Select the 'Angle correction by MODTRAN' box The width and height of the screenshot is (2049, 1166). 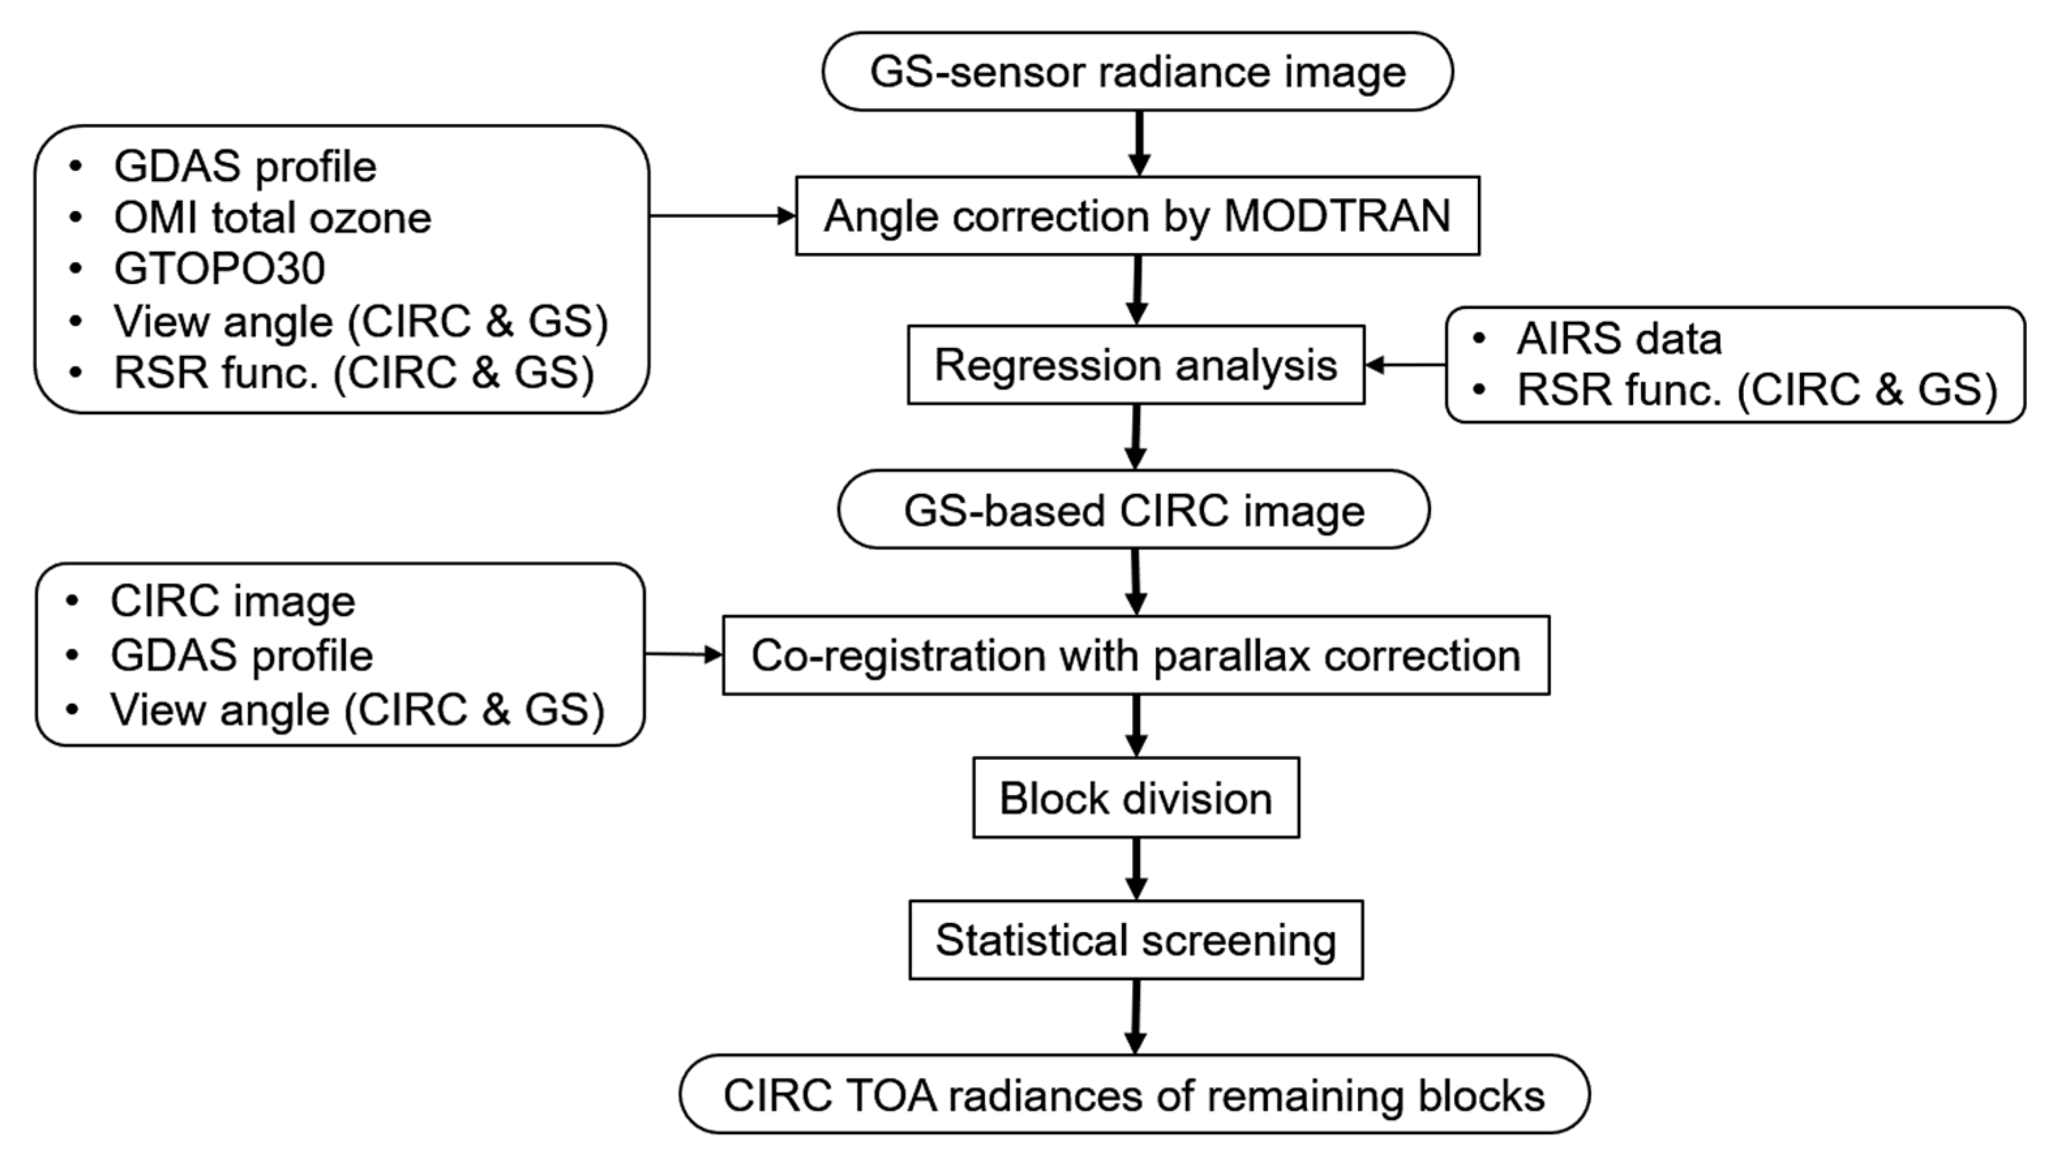pyautogui.click(x=1138, y=216)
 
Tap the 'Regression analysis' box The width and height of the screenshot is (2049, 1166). pyautogui.click(x=1136, y=365)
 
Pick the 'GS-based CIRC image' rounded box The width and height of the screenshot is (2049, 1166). pyautogui.click(x=1134, y=510)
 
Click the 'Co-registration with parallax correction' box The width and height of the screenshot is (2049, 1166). pyautogui.click(x=1136, y=655)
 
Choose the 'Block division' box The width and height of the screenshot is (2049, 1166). pyautogui.click(x=1136, y=798)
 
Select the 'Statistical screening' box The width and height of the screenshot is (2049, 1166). pyautogui.click(x=1136, y=940)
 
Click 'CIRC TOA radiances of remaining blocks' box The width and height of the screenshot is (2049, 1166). pyautogui.click(x=1134, y=1095)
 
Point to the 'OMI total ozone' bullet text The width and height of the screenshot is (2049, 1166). pyautogui.click(x=273, y=218)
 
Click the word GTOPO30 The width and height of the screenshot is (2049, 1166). pyautogui.click(x=220, y=269)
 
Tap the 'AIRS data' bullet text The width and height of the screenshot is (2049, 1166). pyautogui.click(x=1618, y=339)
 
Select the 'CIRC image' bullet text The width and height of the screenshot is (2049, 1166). pyautogui.click(x=232, y=602)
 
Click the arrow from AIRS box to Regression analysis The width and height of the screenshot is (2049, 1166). pyautogui.click(x=1406, y=365)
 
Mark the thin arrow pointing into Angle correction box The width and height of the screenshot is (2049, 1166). pyautogui.click(x=721, y=216)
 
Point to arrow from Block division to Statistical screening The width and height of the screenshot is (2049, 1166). pyautogui.click(x=1136, y=869)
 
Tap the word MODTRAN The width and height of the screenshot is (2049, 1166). pyautogui.click(x=1337, y=216)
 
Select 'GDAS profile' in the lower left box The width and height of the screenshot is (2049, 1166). pyautogui.click(x=241, y=656)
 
